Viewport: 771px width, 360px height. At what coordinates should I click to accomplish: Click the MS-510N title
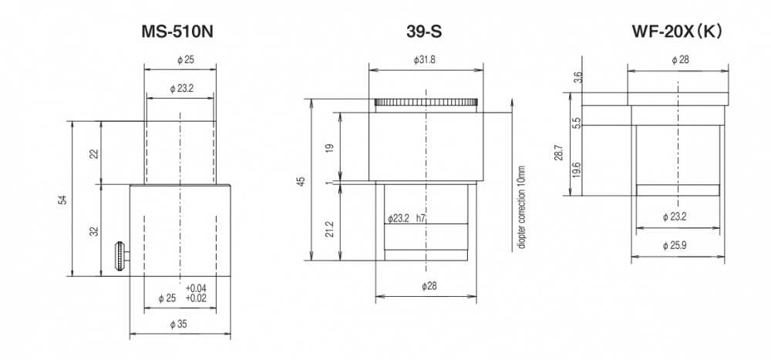[x=177, y=32]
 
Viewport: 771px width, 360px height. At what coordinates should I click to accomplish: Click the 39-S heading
[x=424, y=32]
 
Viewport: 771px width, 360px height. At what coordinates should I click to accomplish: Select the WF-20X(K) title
[x=677, y=32]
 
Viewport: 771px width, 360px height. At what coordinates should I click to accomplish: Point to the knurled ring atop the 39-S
[x=426, y=103]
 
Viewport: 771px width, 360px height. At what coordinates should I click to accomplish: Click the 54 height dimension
[x=62, y=199]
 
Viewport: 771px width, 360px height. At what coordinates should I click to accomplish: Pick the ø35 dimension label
[x=179, y=324]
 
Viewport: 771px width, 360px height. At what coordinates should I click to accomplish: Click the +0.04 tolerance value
[x=196, y=288]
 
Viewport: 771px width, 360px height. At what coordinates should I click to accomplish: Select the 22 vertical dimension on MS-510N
[x=94, y=153]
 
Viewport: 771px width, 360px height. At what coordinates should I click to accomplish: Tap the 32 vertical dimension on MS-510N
[x=94, y=230]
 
